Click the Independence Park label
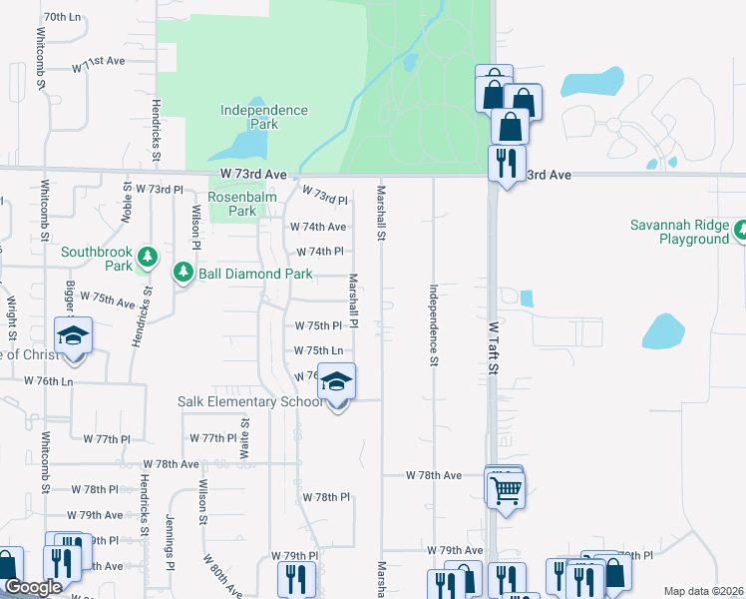tap(263, 118)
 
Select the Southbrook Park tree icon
tap(148, 259)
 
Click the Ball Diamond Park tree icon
tap(183, 272)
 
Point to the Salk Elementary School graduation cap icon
tap(337, 382)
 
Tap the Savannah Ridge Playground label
tap(679, 232)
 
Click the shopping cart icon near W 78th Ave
tap(506, 488)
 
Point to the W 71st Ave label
tap(98, 62)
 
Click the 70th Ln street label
tap(62, 18)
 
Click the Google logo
tap(32, 588)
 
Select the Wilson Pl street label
tap(196, 226)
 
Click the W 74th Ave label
tap(318, 228)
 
